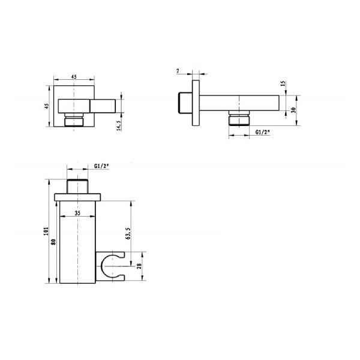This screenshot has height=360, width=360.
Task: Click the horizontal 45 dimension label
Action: [74, 77]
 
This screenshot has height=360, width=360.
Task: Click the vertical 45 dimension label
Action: [47, 106]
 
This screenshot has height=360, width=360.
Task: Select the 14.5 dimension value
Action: [119, 125]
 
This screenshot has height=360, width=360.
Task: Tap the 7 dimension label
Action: [178, 71]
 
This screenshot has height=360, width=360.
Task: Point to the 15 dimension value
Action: [283, 83]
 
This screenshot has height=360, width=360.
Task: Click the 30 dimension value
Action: [293, 110]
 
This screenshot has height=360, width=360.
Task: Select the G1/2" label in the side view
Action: [263, 132]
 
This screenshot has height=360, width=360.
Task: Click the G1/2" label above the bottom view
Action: [101, 166]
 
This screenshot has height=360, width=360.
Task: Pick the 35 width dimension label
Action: [77, 213]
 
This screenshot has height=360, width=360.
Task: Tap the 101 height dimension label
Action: [46, 231]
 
